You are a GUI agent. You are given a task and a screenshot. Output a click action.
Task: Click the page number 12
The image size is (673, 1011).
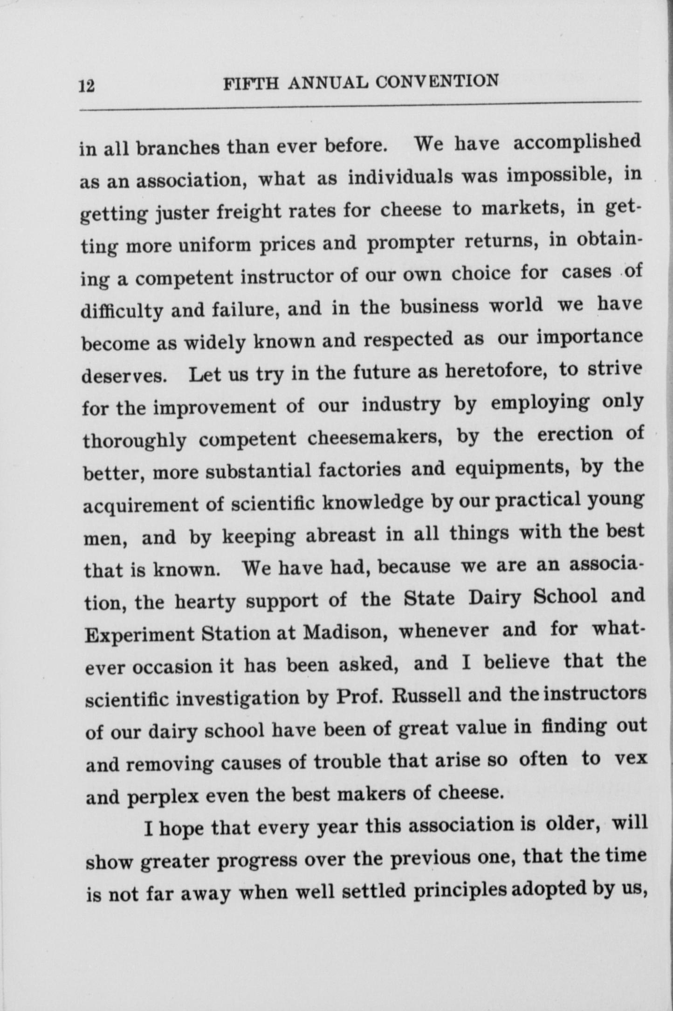(x=87, y=86)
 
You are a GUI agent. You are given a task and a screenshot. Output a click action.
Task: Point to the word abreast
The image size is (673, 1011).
(x=341, y=535)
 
